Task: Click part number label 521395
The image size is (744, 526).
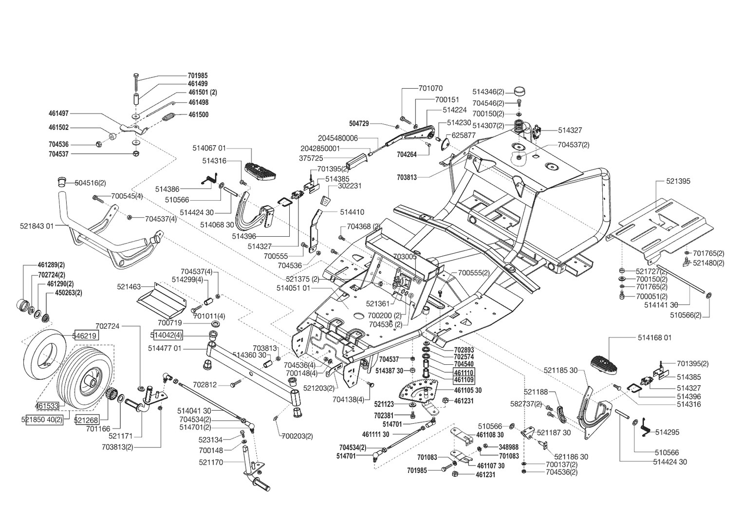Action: point(678,181)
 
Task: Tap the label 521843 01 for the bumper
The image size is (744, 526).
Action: point(37,226)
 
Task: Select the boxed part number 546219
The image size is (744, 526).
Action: point(86,336)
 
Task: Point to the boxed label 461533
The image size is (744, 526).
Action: point(47,406)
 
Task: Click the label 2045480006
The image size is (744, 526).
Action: point(338,138)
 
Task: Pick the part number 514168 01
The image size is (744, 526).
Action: point(655,338)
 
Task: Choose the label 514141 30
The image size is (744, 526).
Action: point(661,305)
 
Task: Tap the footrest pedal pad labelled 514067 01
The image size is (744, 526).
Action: point(260,171)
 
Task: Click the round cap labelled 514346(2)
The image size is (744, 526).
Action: point(520,91)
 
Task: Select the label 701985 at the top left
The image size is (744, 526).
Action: point(198,76)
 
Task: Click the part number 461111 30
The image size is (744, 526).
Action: point(376,434)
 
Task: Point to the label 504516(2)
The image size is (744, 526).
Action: point(91,183)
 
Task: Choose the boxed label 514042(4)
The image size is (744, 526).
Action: point(167,335)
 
